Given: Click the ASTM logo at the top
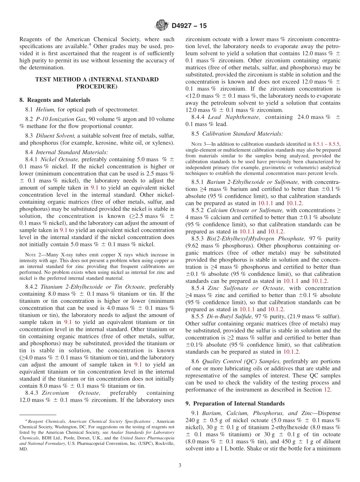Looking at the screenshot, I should pos(162,26).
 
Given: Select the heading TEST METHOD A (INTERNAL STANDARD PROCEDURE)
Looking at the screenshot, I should pos(97,83).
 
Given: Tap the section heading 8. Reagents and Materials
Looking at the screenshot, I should pos(55,100).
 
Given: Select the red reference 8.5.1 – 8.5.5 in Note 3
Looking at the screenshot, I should pos(326,145).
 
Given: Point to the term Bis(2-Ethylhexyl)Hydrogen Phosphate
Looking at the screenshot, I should pos(254,238).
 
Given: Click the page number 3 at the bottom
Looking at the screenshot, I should pos(180,465).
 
